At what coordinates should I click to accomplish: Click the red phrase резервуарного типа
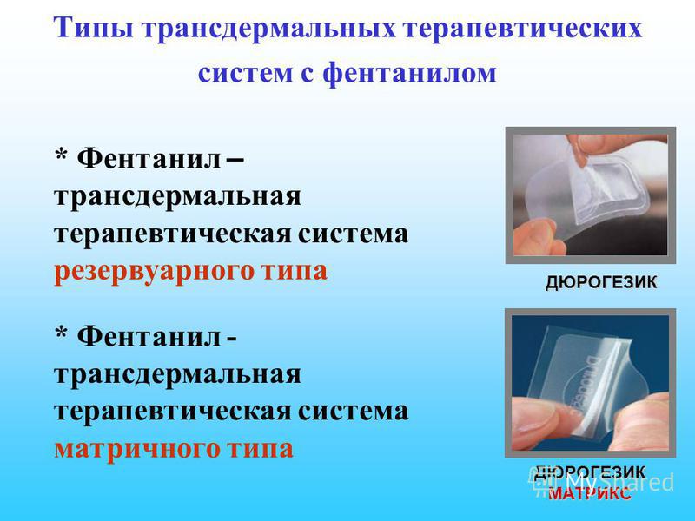191,272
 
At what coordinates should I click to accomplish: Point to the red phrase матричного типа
174,448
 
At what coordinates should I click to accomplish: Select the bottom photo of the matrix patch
590,382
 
